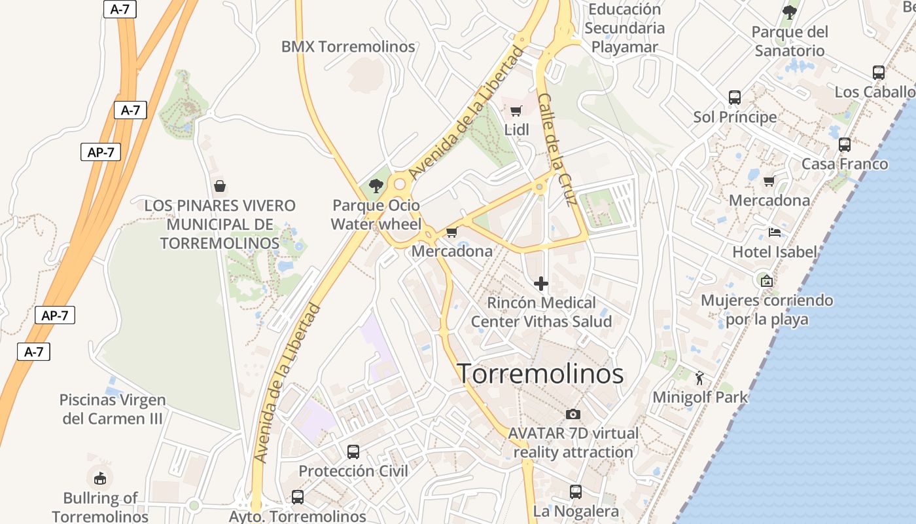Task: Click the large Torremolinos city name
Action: (540, 373)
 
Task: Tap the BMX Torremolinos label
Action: (348, 47)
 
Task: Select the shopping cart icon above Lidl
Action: (516, 111)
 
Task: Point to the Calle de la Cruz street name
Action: (557, 149)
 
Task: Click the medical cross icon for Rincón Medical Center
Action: (540, 284)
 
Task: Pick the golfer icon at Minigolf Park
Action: (699, 378)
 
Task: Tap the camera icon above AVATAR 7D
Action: (572, 414)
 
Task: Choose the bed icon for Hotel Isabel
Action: (775, 233)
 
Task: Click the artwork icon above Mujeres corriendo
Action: (766, 281)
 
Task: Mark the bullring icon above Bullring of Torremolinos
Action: (99, 478)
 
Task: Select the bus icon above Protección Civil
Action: (353, 451)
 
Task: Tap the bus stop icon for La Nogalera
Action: (576, 491)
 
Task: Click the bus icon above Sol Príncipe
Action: (735, 98)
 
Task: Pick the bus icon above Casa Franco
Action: (845, 145)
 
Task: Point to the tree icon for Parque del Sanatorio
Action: (790, 12)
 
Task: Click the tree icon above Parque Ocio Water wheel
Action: (376, 186)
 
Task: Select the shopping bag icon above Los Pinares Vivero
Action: (220, 186)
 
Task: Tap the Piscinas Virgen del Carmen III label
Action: (113, 409)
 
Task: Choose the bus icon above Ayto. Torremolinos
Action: (298, 496)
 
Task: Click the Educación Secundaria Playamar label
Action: (624, 28)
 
